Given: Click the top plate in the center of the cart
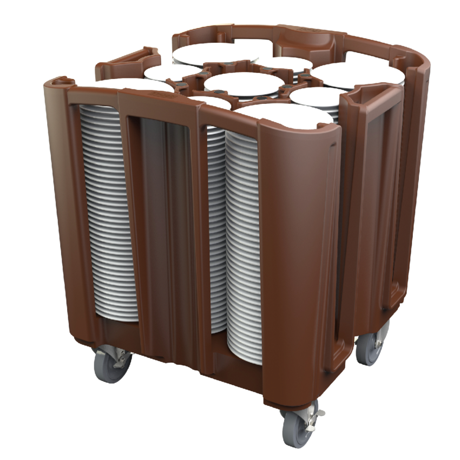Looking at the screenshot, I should click(x=243, y=83).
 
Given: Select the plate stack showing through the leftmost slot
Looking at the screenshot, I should click(x=106, y=211).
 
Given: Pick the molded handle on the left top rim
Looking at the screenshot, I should click(x=127, y=60).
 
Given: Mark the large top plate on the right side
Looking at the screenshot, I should click(x=357, y=73).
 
